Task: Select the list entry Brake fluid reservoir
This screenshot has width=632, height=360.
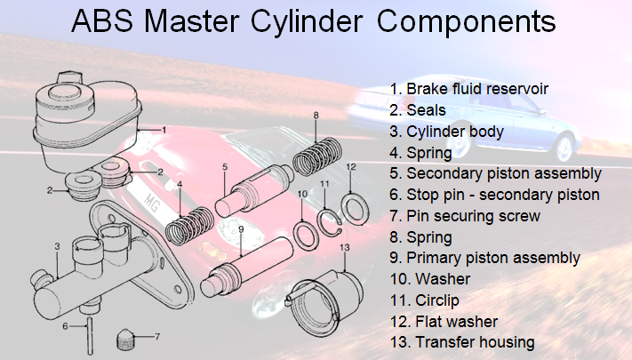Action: (x=469, y=90)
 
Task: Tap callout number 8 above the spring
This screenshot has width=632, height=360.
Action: (x=316, y=116)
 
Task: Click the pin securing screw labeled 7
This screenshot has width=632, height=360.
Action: (x=128, y=339)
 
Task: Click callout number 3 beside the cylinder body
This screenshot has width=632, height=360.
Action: (x=56, y=246)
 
